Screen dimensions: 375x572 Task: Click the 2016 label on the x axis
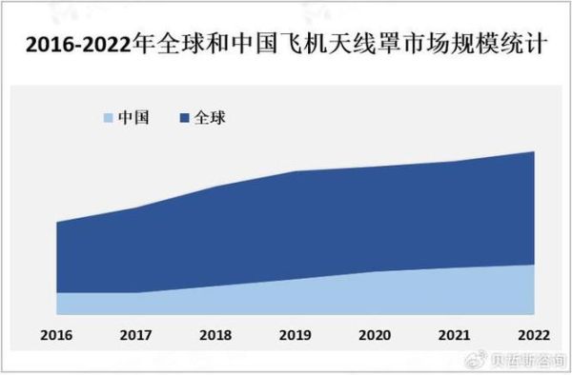click(x=56, y=335)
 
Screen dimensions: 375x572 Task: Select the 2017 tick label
click(x=135, y=335)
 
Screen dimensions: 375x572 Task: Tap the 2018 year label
click(x=215, y=335)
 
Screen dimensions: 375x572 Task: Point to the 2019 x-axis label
click(x=295, y=335)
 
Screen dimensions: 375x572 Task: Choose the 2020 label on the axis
click(x=375, y=335)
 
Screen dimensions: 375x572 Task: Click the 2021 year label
click(x=454, y=335)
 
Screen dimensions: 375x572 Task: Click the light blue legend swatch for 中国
click(x=106, y=118)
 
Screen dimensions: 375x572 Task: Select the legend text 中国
click(x=132, y=118)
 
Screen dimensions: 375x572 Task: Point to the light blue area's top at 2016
click(x=57, y=293)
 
